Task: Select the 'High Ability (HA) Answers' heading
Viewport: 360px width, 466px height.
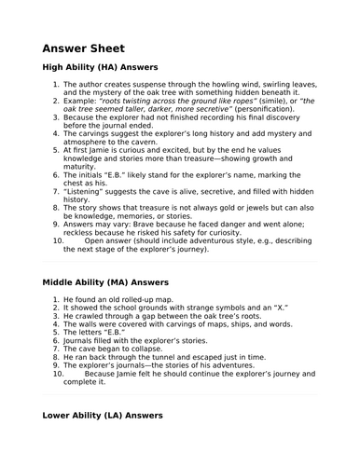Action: click(x=101, y=68)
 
